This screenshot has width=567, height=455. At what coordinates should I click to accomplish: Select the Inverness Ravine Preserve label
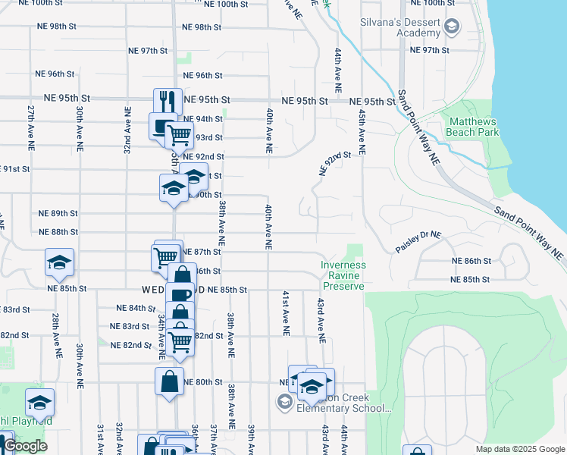pyautogui.click(x=343, y=275)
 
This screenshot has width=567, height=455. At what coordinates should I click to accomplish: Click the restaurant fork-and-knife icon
pyautogui.click(x=168, y=101)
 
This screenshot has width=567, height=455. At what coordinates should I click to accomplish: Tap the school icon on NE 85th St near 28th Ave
pyautogui.click(x=59, y=262)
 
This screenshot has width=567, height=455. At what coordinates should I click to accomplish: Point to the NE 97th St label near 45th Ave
pyautogui.click(x=430, y=50)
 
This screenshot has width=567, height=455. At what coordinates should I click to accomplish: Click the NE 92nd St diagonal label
pyautogui.click(x=336, y=163)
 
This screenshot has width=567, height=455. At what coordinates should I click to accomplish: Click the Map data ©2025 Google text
pyautogui.click(x=519, y=449)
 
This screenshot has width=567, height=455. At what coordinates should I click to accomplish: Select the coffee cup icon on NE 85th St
pyautogui.click(x=180, y=296)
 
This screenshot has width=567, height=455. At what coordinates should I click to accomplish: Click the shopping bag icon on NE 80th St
pyautogui.click(x=169, y=381)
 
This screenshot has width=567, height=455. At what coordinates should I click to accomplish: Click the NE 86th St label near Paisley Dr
pyautogui.click(x=471, y=261)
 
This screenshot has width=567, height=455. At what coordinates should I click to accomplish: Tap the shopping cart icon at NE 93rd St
pyautogui.click(x=180, y=135)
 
